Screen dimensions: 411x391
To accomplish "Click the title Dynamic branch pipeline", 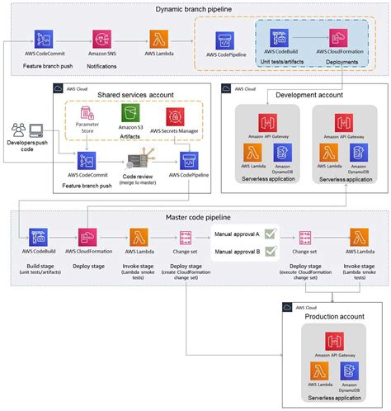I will click(195, 9).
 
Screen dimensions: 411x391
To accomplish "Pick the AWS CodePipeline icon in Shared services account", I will click(186, 161).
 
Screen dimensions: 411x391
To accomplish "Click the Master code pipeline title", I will click(195, 217).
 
